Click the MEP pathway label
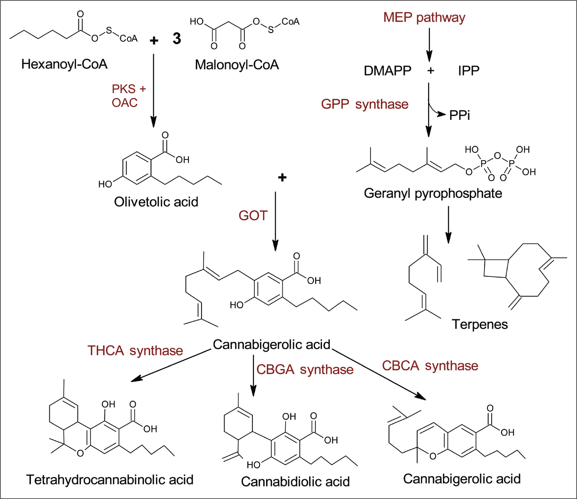424,18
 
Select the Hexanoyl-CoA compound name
65,64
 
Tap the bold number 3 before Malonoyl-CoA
177,38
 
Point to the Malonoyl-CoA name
237,65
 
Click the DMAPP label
387,71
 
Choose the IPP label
469,71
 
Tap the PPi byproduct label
460,115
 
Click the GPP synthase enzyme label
365,104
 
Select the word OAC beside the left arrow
125,103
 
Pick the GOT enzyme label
253,216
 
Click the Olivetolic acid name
156,202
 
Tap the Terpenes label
480,324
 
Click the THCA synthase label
135,351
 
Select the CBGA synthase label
305,370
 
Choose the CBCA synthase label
430,366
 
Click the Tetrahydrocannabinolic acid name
110,480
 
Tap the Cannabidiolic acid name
295,482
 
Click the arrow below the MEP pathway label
429,45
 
